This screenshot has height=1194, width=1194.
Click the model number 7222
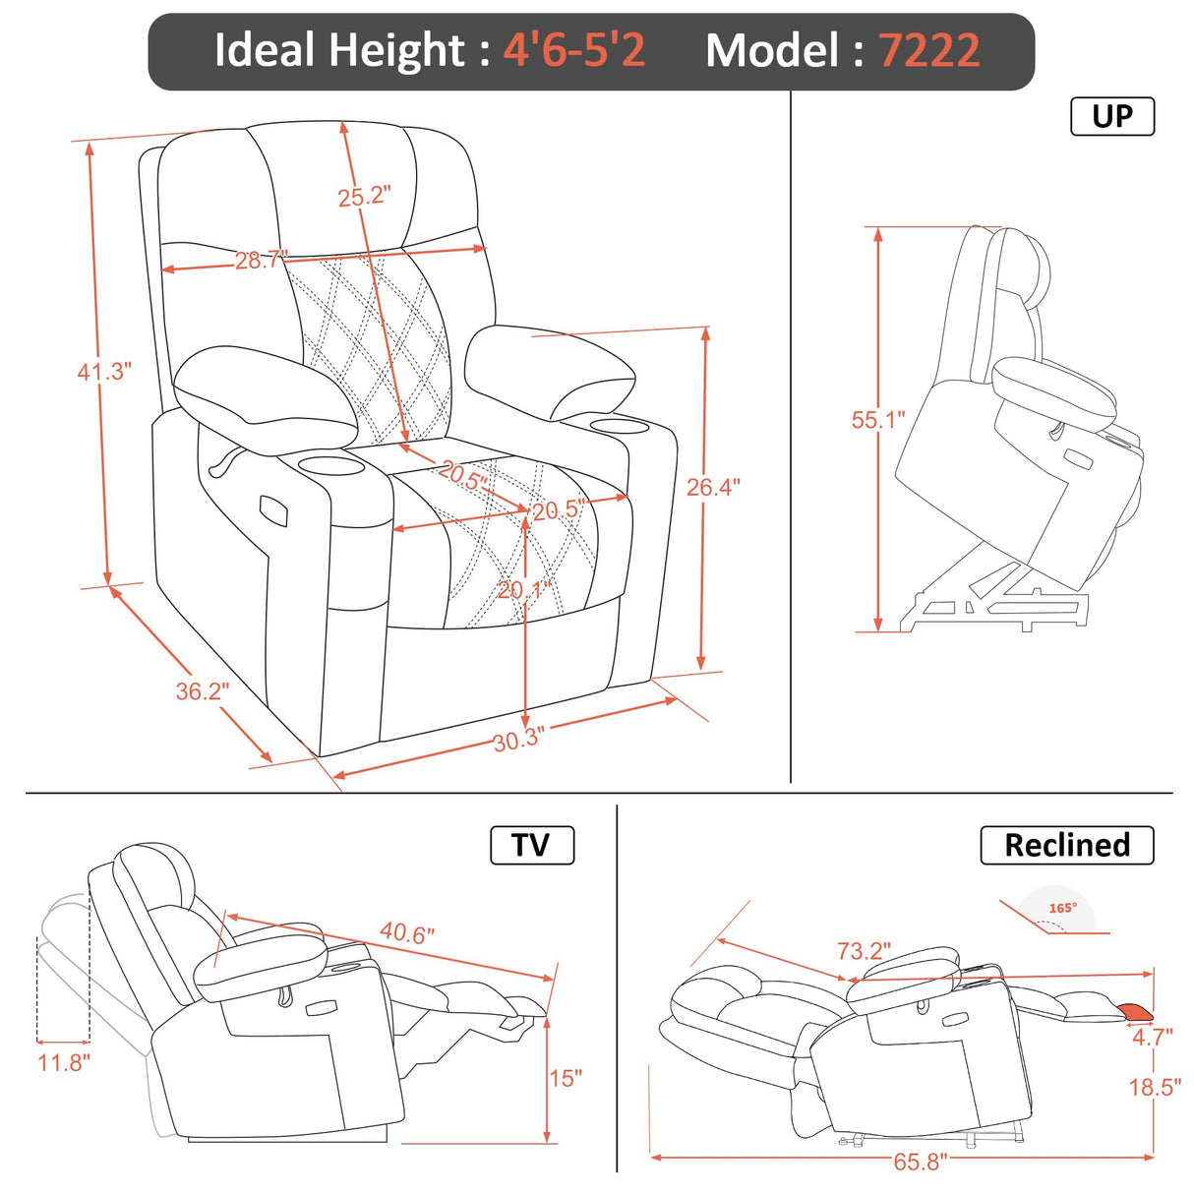(928, 50)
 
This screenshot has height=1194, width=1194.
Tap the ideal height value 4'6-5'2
(574, 50)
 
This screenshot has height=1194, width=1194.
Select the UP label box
(1111, 116)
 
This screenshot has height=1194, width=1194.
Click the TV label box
(531, 845)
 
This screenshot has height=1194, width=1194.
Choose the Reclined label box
(1066, 845)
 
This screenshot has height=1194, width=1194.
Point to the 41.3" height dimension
(104, 371)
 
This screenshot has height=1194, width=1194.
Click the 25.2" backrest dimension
(364, 197)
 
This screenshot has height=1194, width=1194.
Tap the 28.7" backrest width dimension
(261, 261)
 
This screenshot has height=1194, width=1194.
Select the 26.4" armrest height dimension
(713, 487)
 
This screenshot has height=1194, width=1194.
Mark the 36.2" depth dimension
(202, 691)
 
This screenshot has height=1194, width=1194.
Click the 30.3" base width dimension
(518, 740)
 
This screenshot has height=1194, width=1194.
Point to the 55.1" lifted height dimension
(877, 420)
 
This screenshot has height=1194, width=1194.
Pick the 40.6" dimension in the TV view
(407, 932)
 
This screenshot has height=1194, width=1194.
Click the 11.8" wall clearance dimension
(64, 1062)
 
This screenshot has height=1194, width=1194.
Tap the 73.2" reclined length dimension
(864, 951)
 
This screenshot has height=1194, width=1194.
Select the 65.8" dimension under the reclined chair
(920, 1162)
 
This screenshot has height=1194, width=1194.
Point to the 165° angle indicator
(1061, 909)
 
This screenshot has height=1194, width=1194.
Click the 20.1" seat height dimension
(524, 590)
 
